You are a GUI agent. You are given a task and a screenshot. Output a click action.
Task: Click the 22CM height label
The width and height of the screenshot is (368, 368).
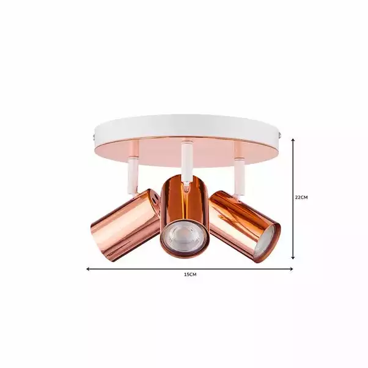(301, 197)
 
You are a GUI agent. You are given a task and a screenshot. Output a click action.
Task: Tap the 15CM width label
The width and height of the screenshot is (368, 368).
(190, 275)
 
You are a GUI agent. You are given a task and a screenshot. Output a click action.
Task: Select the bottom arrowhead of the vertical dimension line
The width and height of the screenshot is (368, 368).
(293, 259)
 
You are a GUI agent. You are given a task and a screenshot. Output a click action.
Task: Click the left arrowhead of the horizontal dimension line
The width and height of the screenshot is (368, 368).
(89, 268)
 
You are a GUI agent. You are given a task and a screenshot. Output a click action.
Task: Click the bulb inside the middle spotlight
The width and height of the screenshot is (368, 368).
(183, 236)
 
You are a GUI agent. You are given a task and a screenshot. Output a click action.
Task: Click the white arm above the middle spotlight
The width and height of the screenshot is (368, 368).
(185, 160)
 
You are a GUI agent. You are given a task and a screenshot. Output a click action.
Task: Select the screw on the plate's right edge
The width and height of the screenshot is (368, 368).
(281, 131)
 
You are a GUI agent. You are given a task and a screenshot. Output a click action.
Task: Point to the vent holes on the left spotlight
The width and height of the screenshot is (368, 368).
(156, 199)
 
